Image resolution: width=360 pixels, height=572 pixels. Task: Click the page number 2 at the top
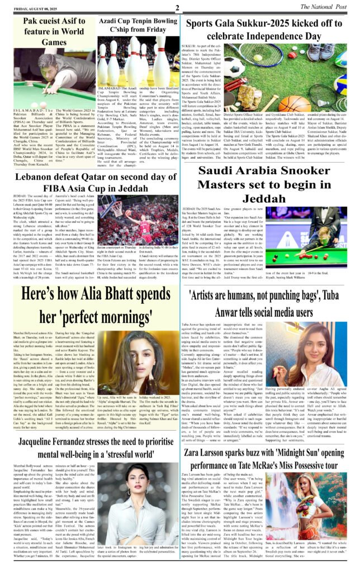(176, 7)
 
